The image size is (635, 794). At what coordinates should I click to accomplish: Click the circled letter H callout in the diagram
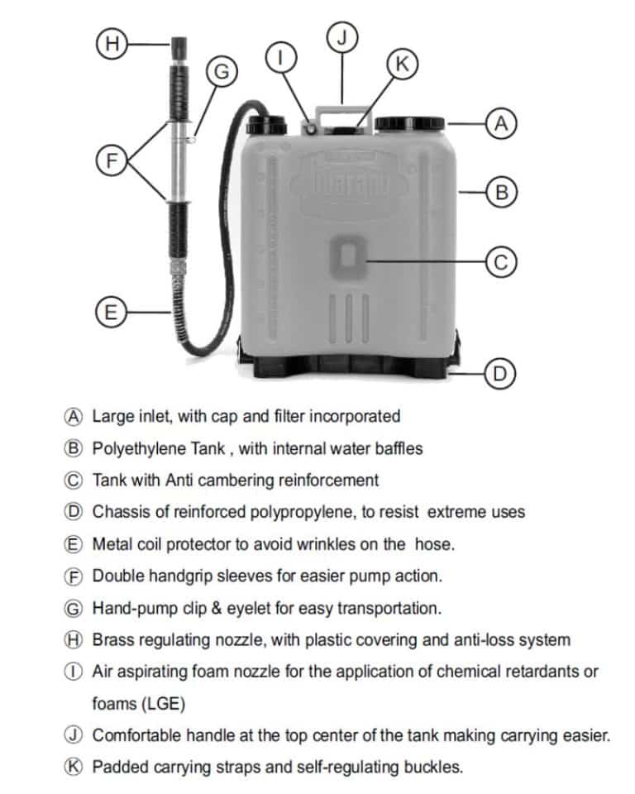coord(108,44)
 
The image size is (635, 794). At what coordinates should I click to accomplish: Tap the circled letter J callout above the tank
coord(341,36)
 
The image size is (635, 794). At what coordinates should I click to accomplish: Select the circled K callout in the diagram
coord(402,65)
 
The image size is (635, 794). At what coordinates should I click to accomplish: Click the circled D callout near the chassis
coord(500,374)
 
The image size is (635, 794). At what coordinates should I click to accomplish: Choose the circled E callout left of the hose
coord(109,313)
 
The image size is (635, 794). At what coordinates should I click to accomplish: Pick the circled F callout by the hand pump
coord(109,160)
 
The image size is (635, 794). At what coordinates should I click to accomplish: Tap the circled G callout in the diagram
coord(221,72)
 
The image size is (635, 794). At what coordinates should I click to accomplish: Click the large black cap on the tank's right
coord(409,125)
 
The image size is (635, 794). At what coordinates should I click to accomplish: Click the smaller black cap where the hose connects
coord(267,124)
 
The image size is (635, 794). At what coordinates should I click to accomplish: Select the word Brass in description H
coord(112,639)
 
